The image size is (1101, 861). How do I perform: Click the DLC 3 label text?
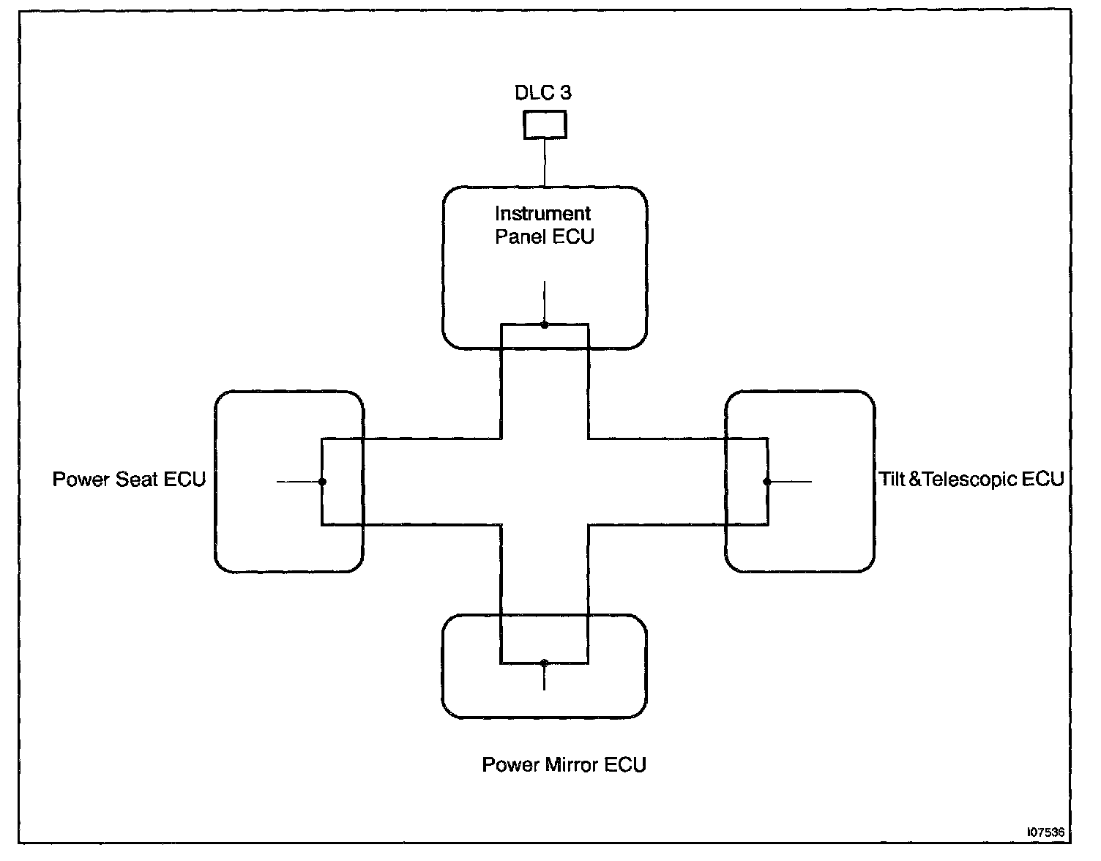pos(543,93)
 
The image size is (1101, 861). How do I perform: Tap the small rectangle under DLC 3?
pos(545,124)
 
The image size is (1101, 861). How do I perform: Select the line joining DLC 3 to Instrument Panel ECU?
pos(545,163)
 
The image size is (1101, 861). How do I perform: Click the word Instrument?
pos(542,214)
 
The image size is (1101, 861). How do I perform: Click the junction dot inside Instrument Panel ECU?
pos(545,324)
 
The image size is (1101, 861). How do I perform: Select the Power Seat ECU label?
pos(129,480)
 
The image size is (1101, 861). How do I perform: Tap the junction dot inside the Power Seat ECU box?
pos(322,482)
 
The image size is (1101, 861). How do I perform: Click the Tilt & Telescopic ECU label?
pos(971,480)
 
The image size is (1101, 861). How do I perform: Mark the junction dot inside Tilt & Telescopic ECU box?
pos(767,482)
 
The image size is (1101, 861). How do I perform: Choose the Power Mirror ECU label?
pos(564,765)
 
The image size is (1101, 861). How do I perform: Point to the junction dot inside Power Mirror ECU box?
pos(544,663)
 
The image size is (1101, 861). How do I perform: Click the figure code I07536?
pos(1046,833)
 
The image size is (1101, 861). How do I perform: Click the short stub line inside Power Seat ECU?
pos(298,482)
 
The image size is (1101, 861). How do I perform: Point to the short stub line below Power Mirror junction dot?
pos(544,678)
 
